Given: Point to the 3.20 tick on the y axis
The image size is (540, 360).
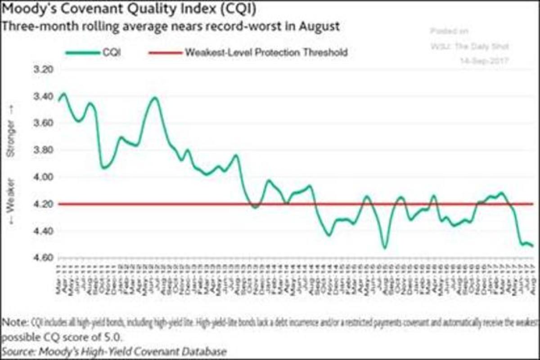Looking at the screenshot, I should point(43,70).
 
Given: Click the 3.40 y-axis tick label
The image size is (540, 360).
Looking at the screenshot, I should point(43,97).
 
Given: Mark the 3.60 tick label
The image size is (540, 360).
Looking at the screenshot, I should point(43,123).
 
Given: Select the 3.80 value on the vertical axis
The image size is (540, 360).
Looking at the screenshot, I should point(43,150).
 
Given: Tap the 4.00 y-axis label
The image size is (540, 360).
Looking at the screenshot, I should point(43,177).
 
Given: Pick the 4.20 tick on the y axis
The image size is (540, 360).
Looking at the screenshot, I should point(43,204).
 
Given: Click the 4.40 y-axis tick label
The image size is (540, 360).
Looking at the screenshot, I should point(43,231).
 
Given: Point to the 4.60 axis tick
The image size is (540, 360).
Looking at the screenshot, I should point(43,257).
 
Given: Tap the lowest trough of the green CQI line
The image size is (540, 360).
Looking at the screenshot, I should point(384,247).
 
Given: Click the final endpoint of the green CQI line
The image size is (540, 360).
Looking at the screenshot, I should point(533,246).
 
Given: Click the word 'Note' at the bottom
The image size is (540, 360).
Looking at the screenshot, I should point(13,323).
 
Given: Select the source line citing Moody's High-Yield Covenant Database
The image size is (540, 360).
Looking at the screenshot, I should point(114,351).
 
